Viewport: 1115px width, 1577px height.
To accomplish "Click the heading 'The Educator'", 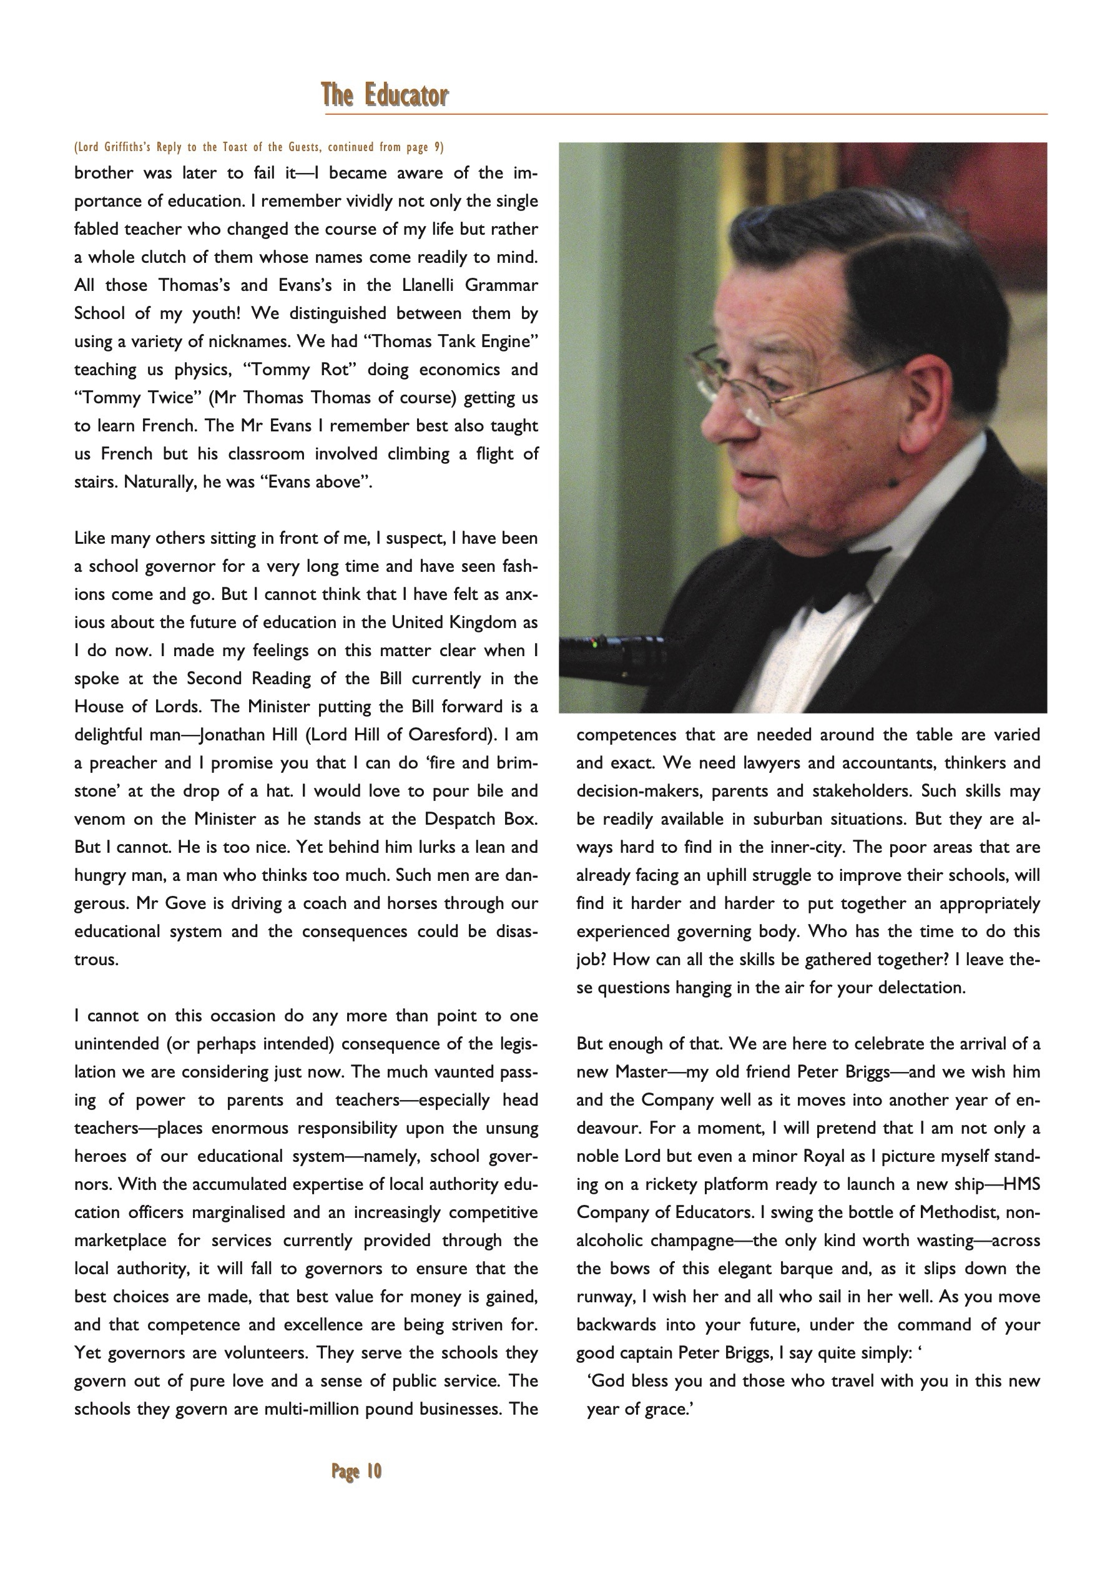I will (385, 95).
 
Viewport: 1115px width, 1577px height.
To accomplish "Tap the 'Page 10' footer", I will (356, 1471).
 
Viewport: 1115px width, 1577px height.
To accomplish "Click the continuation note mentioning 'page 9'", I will (259, 147).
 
